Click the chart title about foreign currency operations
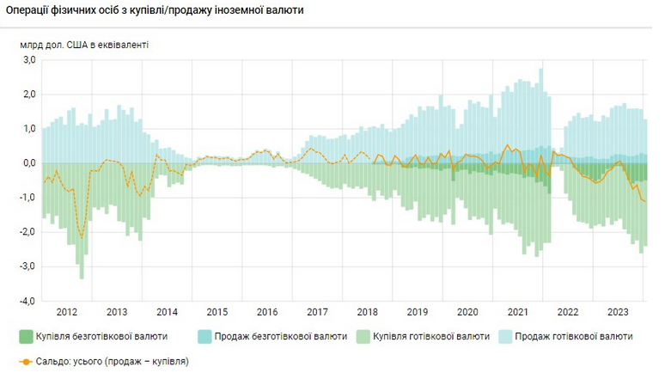(160, 10)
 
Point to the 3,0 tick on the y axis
(28, 60)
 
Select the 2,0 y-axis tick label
(28, 95)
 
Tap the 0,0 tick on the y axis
(28, 163)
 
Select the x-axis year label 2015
(217, 312)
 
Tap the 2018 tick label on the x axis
(368, 312)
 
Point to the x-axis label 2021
(518, 312)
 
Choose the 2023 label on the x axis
(619, 312)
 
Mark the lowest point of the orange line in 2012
(82, 237)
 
